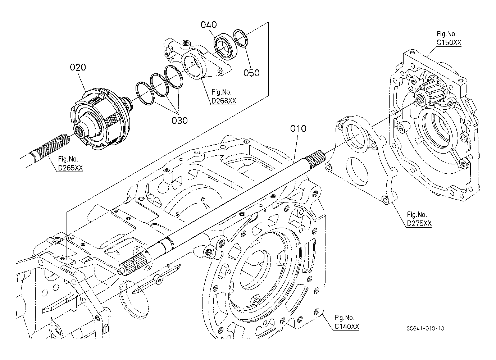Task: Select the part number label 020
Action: click(x=78, y=67)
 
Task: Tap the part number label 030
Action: click(x=179, y=120)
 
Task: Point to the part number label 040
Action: click(x=209, y=25)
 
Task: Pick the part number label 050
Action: click(x=251, y=73)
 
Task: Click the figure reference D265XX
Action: click(x=70, y=168)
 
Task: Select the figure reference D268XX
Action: click(x=223, y=101)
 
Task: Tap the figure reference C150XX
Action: click(x=449, y=42)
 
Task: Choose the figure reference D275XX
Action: click(x=419, y=223)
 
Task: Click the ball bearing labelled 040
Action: click(x=225, y=46)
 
